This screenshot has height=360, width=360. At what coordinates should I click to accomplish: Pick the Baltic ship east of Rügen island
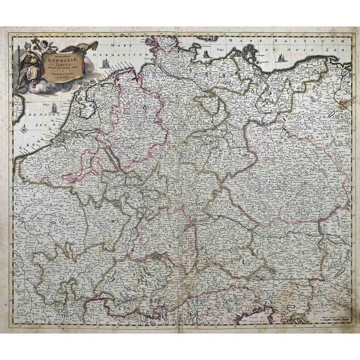pyautogui.click(x=208, y=54)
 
